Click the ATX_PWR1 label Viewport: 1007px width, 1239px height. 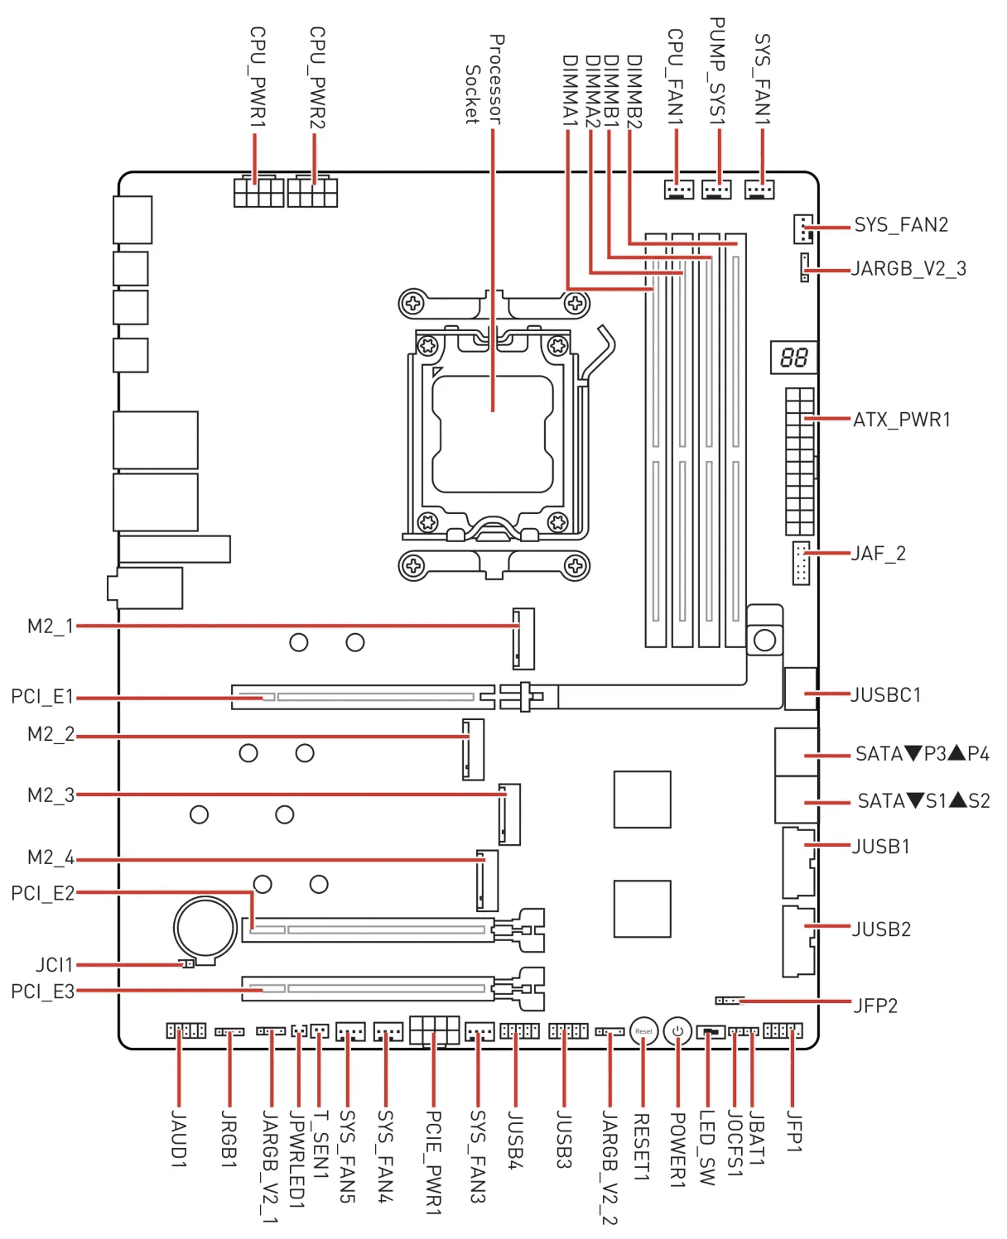pos(902,420)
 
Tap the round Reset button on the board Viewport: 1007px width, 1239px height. pos(643,1031)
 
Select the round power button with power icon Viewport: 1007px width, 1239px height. pos(677,1031)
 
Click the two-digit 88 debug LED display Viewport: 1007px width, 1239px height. pos(793,358)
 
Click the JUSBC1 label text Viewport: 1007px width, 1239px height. pos(886,694)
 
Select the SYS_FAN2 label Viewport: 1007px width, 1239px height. pos(901,225)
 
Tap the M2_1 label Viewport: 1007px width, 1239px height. pos(51,627)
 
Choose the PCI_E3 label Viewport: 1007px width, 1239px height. pos(42,992)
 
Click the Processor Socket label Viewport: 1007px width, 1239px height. pos(484,79)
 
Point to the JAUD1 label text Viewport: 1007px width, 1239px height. pos(178,1140)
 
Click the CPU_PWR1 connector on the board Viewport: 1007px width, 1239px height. pos(258,192)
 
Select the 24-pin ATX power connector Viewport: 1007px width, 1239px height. pos(800,462)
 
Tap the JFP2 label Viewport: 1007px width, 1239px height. pos(875,1006)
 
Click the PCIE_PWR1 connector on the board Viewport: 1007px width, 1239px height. pos(434,1031)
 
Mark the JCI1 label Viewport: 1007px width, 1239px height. pos(55,965)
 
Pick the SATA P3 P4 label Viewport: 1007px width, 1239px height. pos(922,754)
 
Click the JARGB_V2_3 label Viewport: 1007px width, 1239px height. pos(908,269)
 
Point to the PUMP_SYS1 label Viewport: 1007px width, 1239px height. pos(717,73)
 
